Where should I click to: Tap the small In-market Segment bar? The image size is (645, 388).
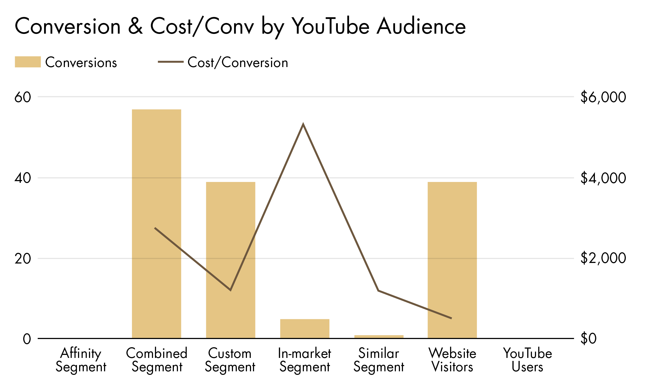304,329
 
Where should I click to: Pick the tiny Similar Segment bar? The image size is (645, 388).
379,337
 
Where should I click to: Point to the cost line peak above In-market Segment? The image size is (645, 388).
303,124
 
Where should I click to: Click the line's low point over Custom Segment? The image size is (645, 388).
231,290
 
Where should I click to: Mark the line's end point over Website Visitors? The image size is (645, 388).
451,318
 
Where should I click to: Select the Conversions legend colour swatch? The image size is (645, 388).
28,62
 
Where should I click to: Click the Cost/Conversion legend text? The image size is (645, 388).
238,63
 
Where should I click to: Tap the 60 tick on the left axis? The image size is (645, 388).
22,97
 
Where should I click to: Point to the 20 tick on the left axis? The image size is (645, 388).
22,259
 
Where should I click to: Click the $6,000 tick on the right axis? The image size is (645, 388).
603,97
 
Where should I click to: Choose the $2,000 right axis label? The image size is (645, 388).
603,258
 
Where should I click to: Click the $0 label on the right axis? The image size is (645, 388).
588,338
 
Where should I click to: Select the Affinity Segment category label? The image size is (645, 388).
81,360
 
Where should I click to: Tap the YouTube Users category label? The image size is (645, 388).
527,360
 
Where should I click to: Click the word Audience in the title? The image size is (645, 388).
421,27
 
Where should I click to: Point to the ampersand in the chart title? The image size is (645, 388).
135,27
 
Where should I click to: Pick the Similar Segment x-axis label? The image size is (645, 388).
379,360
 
